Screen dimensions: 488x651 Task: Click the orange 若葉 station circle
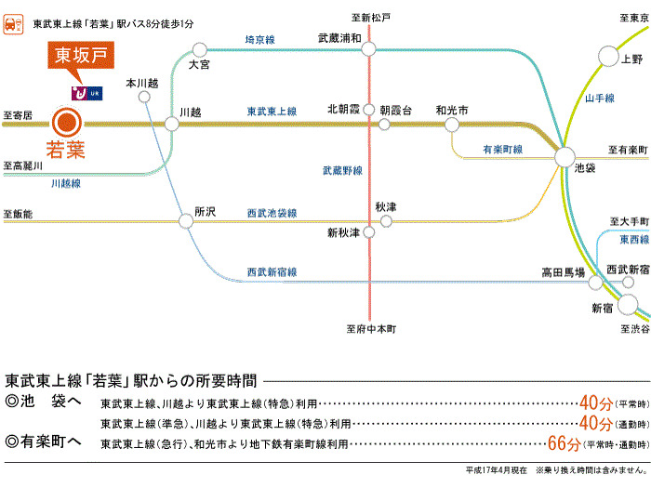click(x=66, y=123)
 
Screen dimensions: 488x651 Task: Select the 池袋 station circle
click(x=565, y=157)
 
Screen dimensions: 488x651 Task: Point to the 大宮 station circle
click(x=199, y=49)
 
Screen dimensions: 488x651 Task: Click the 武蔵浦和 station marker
click(x=369, y=50)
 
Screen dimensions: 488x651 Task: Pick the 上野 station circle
click(x=607, y=57)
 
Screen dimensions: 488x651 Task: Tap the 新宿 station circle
click(x=628, y=305)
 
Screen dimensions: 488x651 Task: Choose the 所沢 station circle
click(x=183, y=221)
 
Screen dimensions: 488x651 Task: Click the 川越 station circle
click(x=171, y=123)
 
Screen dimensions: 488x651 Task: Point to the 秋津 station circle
click(x=386, y=221)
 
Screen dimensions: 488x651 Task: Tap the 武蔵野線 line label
click(x=342, y=171)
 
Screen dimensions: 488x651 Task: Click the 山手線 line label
click(x=600, y=98)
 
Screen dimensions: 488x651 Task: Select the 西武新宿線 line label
click(x=272, y=271)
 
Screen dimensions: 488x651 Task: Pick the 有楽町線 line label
click(x=502, y=149)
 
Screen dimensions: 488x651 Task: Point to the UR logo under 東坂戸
click(x=90, y=93)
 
